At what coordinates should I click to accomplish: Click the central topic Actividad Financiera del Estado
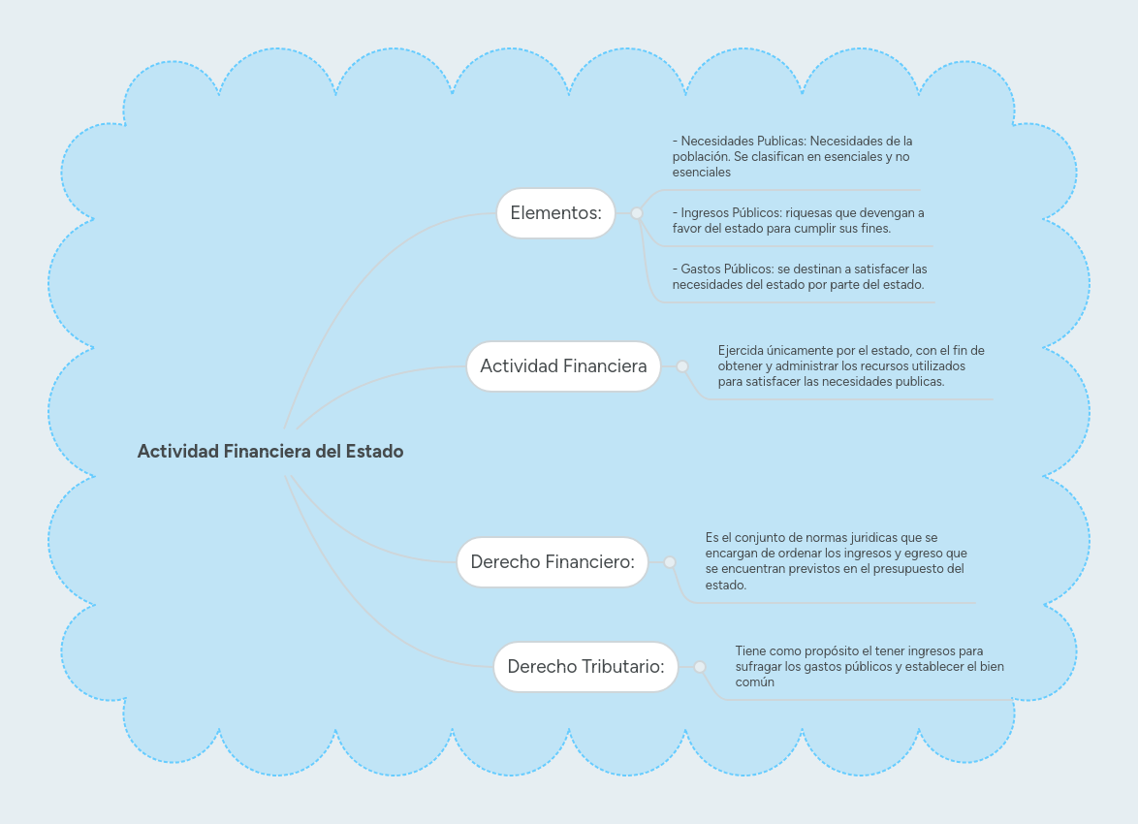[269, 451]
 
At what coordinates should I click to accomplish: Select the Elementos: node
[556, 212]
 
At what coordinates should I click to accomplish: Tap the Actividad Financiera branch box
[563, 366]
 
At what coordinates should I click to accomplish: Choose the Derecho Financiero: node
[553, 562]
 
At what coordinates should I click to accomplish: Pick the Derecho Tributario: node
[585, 667]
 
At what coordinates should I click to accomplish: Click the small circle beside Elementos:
[637, 213]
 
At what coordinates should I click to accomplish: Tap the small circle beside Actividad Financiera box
[682, 366]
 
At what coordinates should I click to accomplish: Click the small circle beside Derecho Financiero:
[670, 562]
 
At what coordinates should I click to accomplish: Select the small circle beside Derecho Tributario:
[700, 667]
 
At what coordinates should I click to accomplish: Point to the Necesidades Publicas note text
[792, 156]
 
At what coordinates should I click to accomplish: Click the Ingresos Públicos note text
[798, 220]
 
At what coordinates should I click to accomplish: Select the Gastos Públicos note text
[799, 276]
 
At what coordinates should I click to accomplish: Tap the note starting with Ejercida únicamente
[851, 365]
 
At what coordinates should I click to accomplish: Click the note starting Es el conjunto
[835, 561]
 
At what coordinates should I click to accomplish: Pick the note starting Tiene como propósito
[869, 666]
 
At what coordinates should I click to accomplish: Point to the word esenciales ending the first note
[701, 173]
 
